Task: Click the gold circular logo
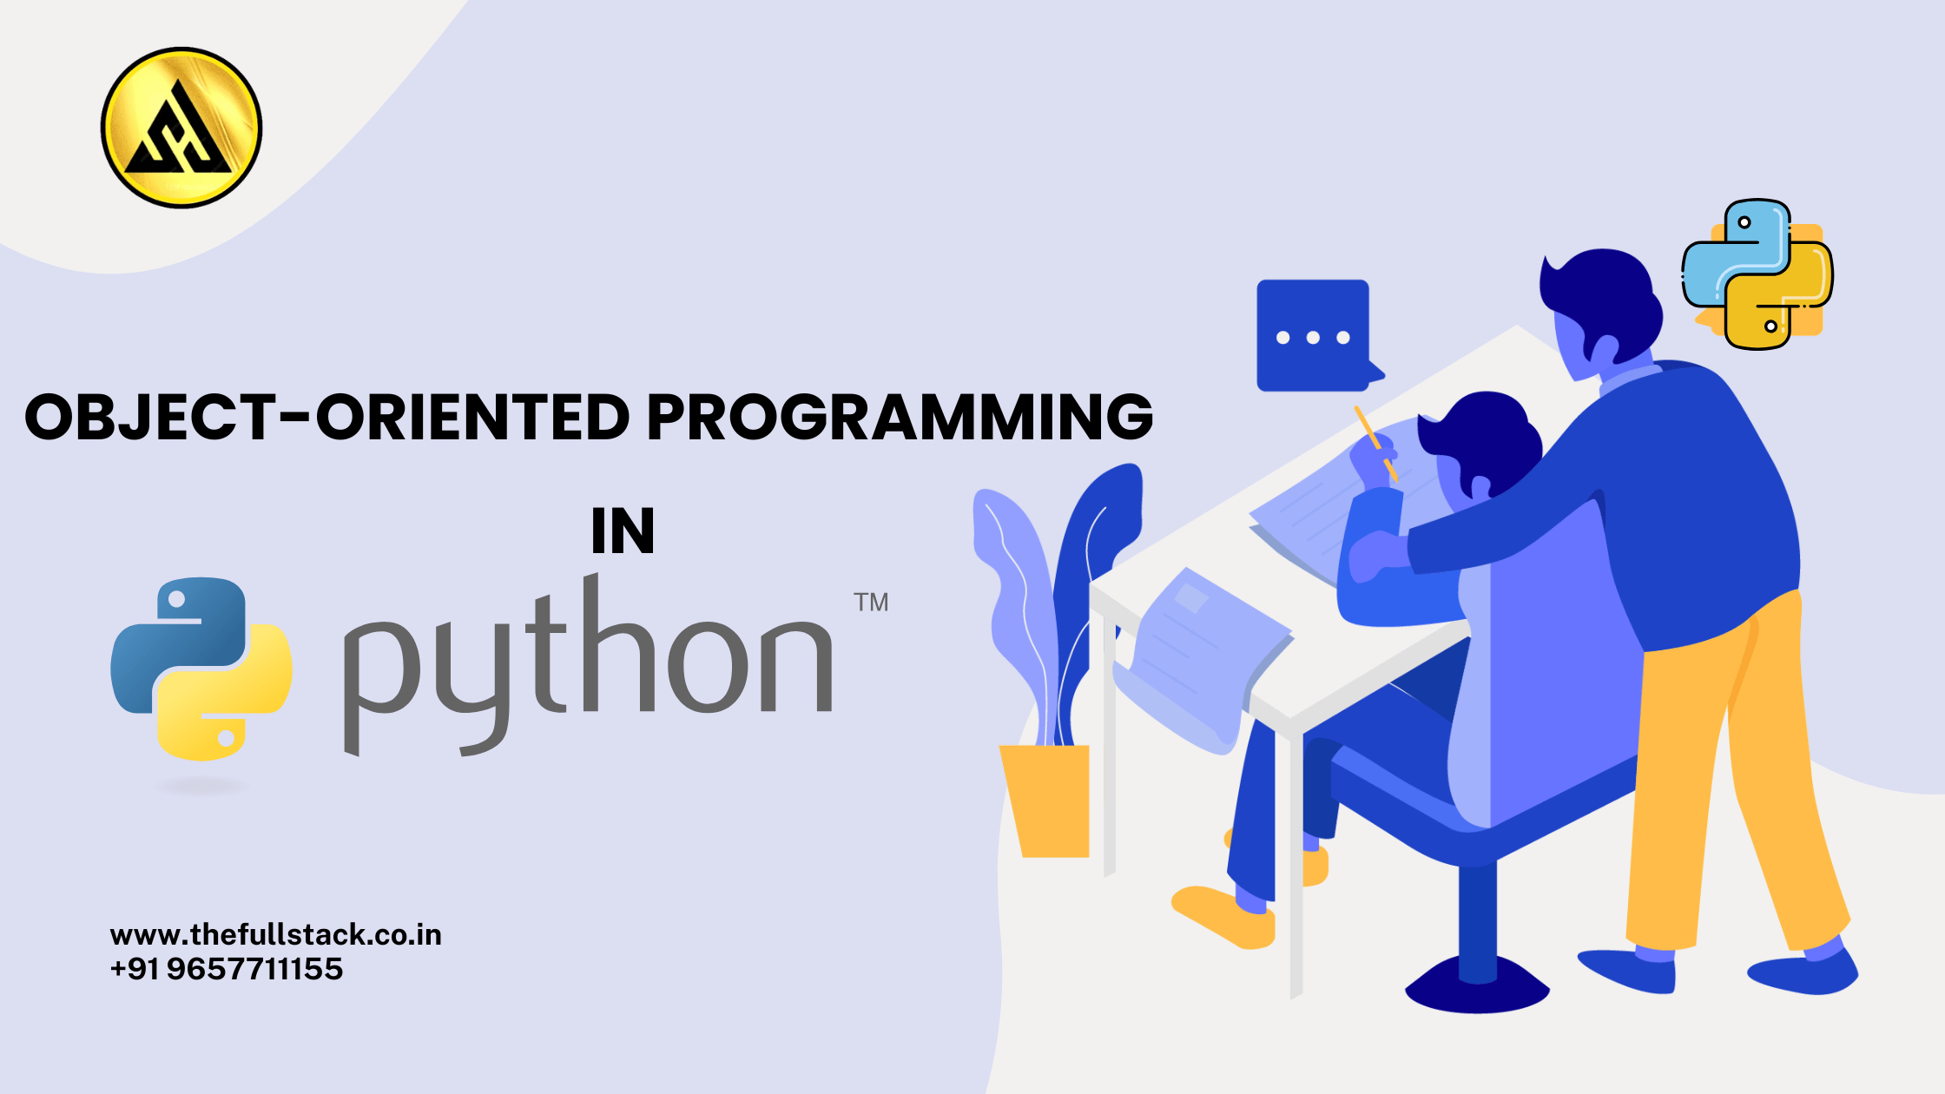point(181,128)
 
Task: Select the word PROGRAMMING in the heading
point(900,417)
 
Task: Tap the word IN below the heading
point(623,531)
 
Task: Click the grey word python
point(589,664)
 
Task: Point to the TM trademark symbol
point(871,603)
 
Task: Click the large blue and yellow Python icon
point(201,669)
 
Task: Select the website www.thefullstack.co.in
point(276,935)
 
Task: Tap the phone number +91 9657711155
point(227,969)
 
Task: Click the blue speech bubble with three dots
point(1315,336)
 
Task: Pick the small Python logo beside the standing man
point(1757,274)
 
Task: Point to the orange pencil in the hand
point(1376,444)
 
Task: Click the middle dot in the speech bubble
point(1313,338)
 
